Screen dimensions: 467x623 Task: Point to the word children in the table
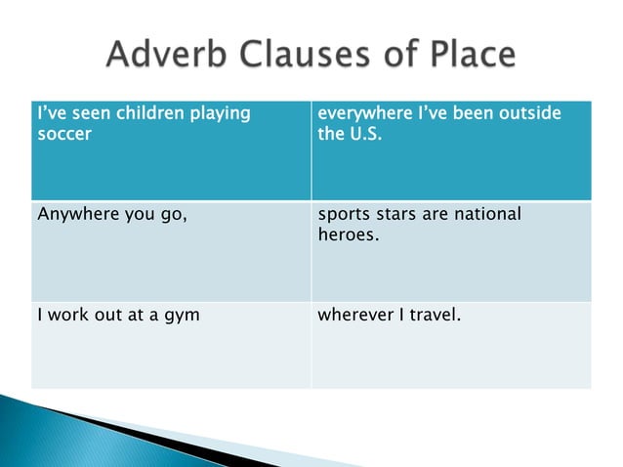click(x=147, y=114)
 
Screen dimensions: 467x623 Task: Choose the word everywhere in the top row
click(x=361, y=114)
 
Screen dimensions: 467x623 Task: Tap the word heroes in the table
click(x=347, y=235)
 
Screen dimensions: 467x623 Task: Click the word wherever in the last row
click(x=353, y=316)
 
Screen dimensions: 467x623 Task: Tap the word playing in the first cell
click(x=219, y=114)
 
